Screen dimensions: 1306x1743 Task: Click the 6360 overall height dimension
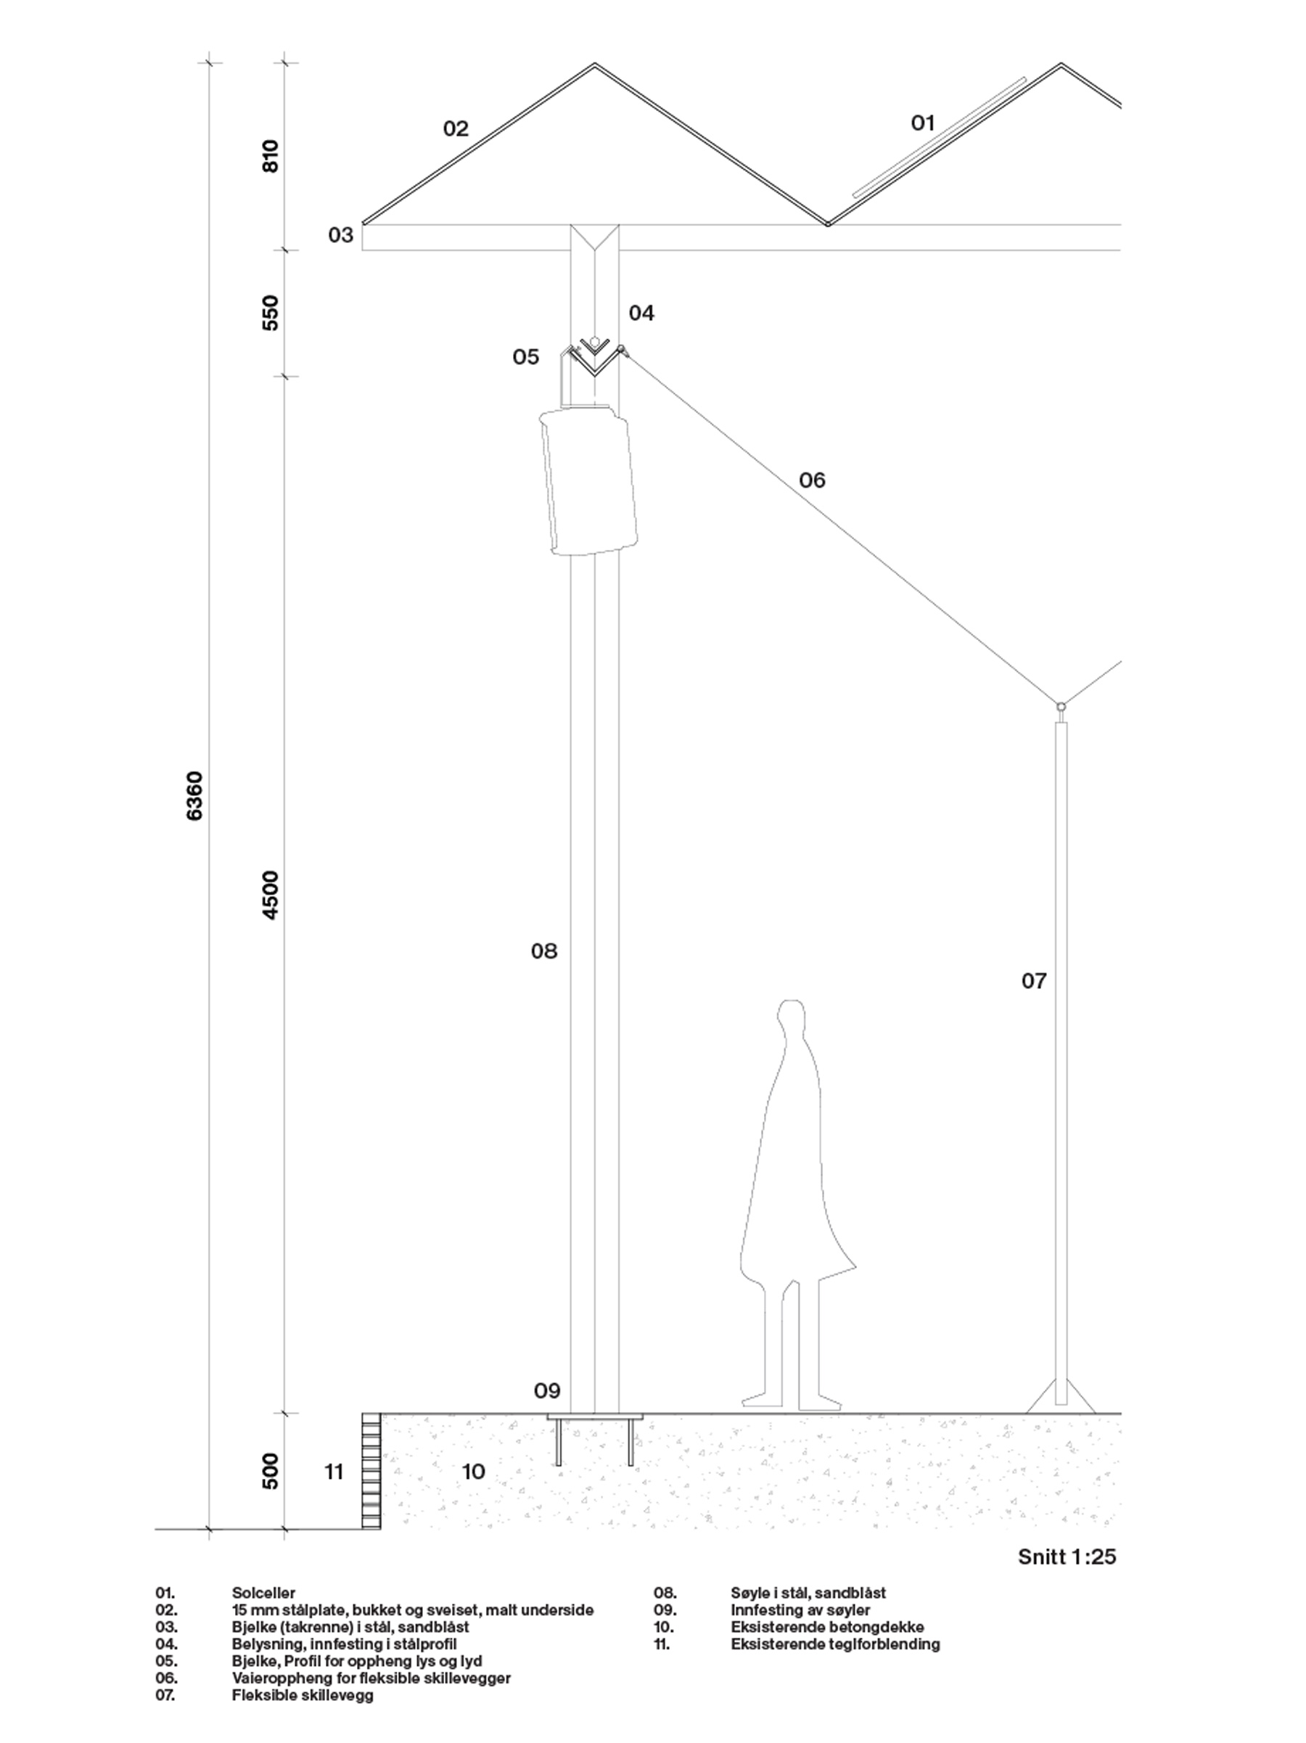pyautogui.click(x=194, y=796)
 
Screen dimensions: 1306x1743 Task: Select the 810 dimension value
pyautogui.click(x=270, y=156)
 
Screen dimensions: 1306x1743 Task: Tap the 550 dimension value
pyautogui.click(x=270, y=313)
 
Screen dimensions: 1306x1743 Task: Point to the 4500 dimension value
pyautogui.click(x=270, y=894)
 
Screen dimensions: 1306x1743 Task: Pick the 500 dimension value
pyautogui.click(x=270, y=1471)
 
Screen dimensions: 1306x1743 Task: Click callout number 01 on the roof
pyautogui.click(x=922, y=123)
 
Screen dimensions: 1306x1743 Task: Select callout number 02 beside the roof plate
pyautogui.click(x=456, y=128)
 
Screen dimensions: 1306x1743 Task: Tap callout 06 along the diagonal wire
pyautogui.click(x=812, y=480)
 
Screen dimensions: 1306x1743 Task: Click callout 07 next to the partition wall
pyautogui.click(x=1034, y=981)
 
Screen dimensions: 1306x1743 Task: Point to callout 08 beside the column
pyautogui.click(x=543, y=951)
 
